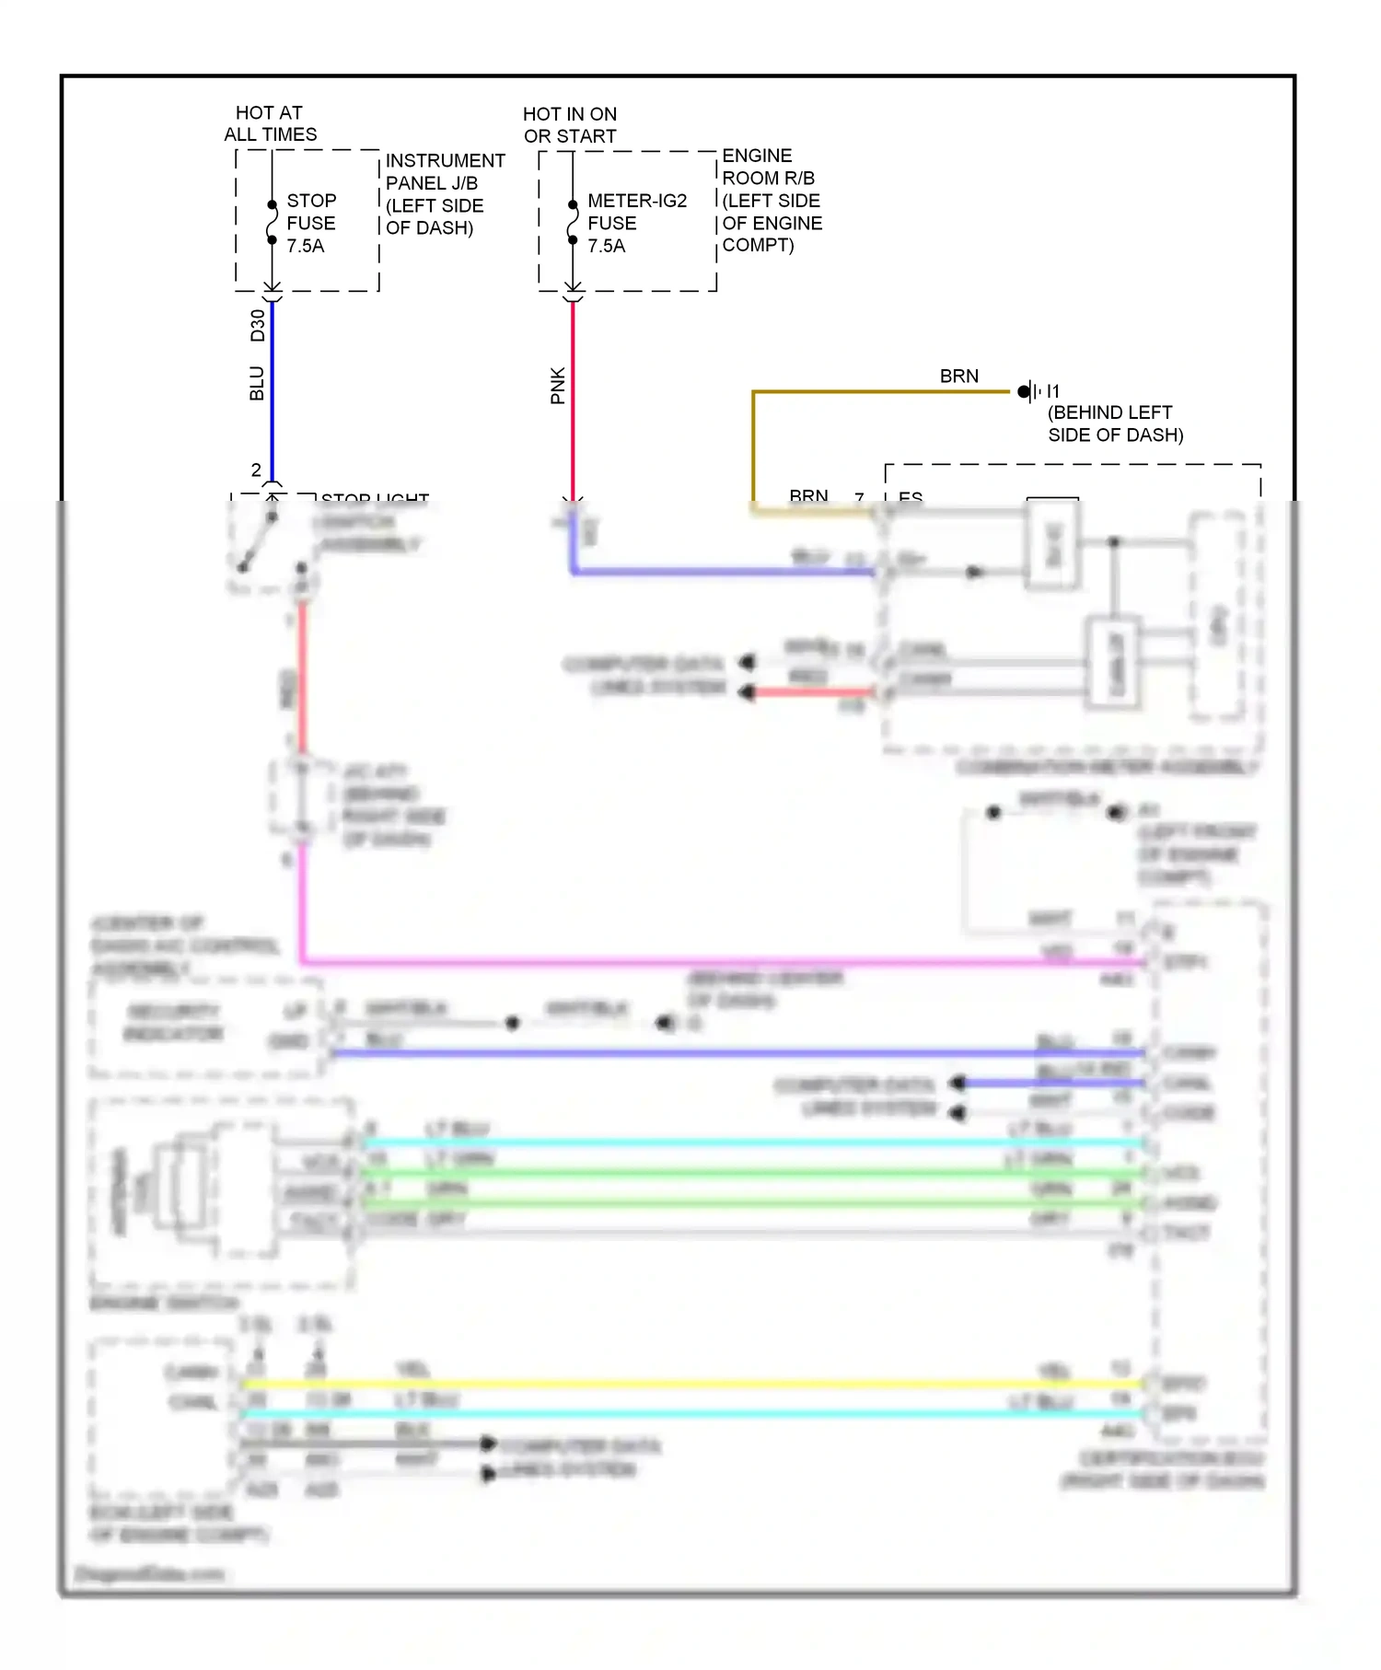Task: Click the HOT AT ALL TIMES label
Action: pos(270,123)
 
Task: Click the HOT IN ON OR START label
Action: pos(570,125)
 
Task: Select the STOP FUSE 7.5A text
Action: pos(311,223)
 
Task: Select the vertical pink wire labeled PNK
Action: pos(573,396)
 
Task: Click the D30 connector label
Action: pos(257,325)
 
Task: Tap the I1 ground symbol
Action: pos(1029,391)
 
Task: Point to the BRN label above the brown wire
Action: pos(958,376)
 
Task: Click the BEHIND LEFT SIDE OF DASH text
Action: pos(1114,423)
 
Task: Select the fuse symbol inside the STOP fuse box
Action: pos(272,222)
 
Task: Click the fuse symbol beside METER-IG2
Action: pos(573,222)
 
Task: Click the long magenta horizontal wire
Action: pos(718,963)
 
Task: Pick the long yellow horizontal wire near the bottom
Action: pos(690,1383)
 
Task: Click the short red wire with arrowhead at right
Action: pos(810,692)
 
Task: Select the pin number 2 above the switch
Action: pos(256,470)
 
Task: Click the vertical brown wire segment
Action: pos(753,446)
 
